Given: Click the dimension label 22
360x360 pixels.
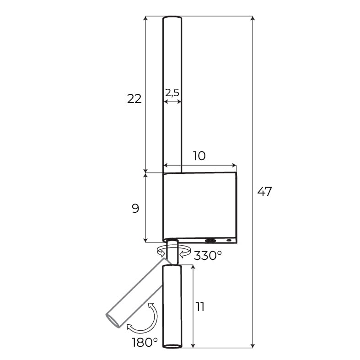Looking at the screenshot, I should click(134, 98).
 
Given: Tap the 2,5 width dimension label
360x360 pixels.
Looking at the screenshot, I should click(172, 92).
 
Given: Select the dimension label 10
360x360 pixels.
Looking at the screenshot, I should click(199, 156).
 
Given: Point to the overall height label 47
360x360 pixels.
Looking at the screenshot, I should click(264, 192).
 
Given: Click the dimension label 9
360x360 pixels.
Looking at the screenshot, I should click(135, 209).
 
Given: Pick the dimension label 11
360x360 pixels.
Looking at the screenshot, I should click(200, 306).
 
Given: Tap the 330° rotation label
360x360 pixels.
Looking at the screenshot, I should click(208, 256).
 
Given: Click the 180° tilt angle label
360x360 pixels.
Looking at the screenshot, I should click(145, 342).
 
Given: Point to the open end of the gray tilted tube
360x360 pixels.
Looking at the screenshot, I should click(113, 320).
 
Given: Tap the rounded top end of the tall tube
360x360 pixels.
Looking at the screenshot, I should click(172, 18).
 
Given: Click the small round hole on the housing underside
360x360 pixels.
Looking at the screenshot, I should click(229, 240).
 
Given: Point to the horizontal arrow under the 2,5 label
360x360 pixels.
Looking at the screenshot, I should click(172, 101).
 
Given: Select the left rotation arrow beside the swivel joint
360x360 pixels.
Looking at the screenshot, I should click(161, 251).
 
